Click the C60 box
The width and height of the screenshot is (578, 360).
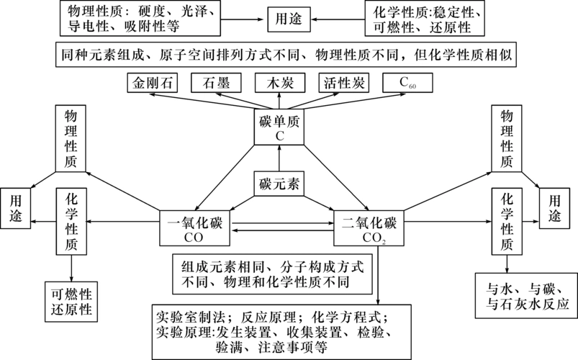point(408,83)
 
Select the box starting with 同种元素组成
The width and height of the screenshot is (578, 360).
point(289,54)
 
